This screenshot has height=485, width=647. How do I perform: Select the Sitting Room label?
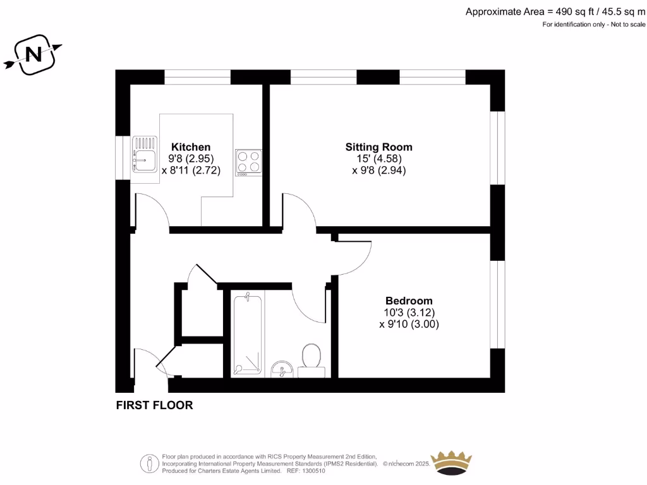coord(378,147)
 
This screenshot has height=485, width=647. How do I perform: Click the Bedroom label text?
coord(409,301)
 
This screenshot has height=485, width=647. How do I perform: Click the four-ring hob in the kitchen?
coord(248,161)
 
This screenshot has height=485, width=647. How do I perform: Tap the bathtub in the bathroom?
coord(247,333)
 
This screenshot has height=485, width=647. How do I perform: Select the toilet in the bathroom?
coord(311,359)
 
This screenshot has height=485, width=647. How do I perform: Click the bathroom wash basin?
coord(281,368)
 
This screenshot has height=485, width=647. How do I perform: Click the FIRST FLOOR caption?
coord(154,405)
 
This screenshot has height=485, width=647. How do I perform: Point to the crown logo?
coord(451,464)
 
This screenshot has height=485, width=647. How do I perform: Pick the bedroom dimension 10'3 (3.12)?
coord(409,313)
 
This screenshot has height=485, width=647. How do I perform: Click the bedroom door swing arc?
coord(354,256)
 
